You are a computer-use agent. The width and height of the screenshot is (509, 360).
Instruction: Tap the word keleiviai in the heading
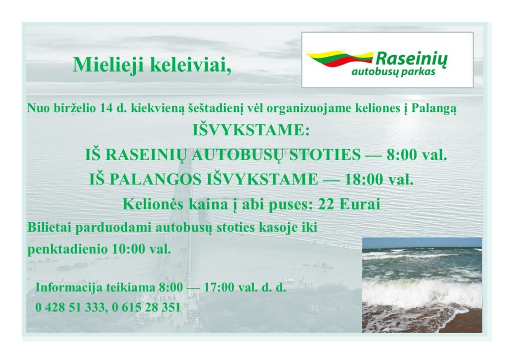click(x=190, y=65)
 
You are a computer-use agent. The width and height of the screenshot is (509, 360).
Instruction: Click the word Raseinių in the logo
click(x=412, y=59)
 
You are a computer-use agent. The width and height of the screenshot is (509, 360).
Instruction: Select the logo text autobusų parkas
click(x=393, y=72)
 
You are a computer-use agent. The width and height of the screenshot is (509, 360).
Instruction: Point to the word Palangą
click(x=433, y=108)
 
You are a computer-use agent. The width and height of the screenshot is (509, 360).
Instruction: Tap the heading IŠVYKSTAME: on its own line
click(x=252, y=130)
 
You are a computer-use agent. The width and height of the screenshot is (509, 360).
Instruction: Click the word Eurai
click(x=360, y=204)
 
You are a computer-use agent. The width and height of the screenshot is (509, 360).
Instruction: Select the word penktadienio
click(x=68, y=249)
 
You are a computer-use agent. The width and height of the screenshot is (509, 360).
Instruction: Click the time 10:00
click(x=129, y=249)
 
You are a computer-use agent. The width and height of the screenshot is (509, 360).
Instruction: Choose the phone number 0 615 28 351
click(x=146, y=307)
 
